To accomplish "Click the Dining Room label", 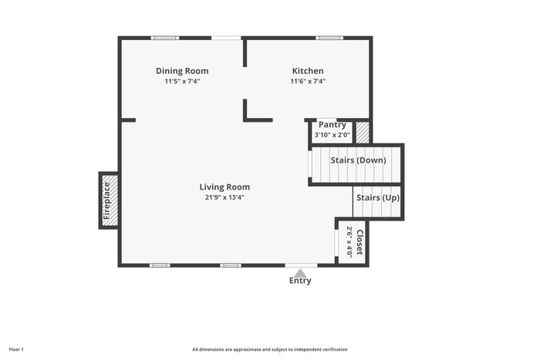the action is pos(182,71).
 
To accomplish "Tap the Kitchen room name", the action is pos(308,71).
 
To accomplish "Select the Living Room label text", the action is pos(224,187).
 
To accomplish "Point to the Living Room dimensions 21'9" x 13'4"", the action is pos(224,197).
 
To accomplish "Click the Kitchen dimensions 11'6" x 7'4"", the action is pos(308,81).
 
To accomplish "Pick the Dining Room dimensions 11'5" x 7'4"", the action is pos(182,81).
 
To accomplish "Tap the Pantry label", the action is pos(332,125).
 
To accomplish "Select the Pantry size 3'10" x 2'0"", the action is pos(332,135).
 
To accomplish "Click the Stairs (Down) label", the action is pos(358,160).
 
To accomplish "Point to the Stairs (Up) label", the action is pos(378,198).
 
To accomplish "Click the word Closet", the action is pos(359,243).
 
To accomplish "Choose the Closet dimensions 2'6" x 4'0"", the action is pos(349,242).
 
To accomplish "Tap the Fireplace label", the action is pos(106,201).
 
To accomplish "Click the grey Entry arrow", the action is pos(301,273).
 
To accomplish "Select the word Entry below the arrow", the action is pos(300,281).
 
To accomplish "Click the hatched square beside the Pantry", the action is pos(363,132).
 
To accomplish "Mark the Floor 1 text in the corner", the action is pos(16,350).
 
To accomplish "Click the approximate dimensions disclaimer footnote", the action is pos(270,350).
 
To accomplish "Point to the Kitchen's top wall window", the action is pos(329,38).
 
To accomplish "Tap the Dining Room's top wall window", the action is pos(165,38).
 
